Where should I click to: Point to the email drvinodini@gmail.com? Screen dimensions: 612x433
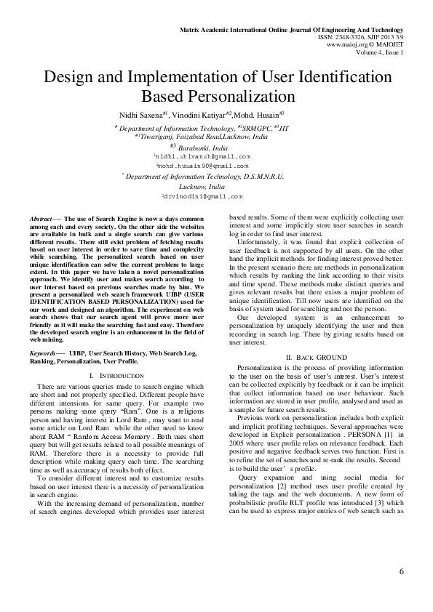coord(204,197)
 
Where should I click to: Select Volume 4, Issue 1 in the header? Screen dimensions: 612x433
coord(379,52)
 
